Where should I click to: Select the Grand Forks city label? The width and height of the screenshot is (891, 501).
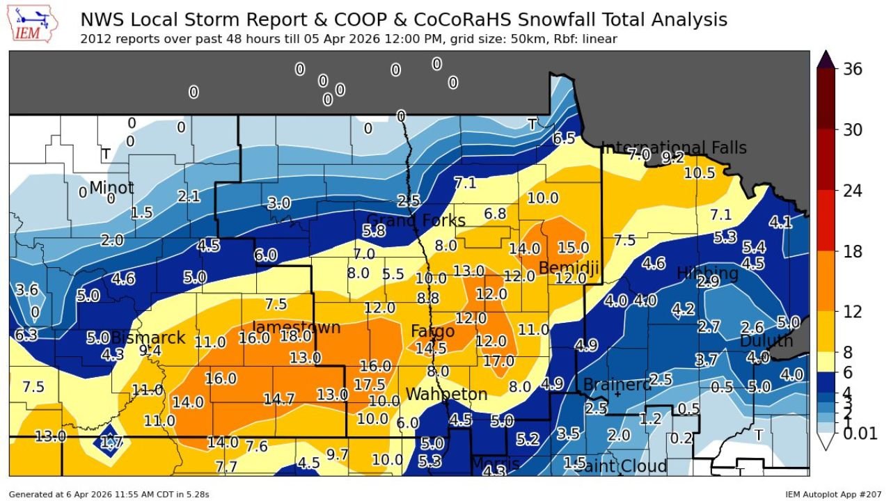point(416,221)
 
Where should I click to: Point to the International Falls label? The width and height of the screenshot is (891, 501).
point(673,148)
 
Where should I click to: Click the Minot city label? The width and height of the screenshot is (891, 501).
point(111,188)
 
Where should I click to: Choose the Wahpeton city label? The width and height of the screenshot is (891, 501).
point(446,395)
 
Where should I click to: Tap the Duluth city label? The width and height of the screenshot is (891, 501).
point(766,341)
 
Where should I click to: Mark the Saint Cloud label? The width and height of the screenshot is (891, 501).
point(620,466)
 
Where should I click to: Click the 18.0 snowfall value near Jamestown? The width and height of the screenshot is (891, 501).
point(296,336)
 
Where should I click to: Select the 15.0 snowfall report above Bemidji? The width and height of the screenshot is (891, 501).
point(574,248)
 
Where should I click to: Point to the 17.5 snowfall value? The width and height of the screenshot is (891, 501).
point(369,385)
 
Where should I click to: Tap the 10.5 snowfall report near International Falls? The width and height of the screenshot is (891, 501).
point(699,173)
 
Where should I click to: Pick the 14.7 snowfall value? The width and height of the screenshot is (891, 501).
point(279,399)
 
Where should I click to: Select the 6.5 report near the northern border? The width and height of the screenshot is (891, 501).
point(563,138)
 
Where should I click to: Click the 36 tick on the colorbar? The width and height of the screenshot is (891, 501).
point(851,69)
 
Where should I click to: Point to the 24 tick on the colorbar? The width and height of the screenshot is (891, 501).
point(851,191)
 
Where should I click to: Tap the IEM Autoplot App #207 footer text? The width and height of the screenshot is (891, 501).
point(833,494)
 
